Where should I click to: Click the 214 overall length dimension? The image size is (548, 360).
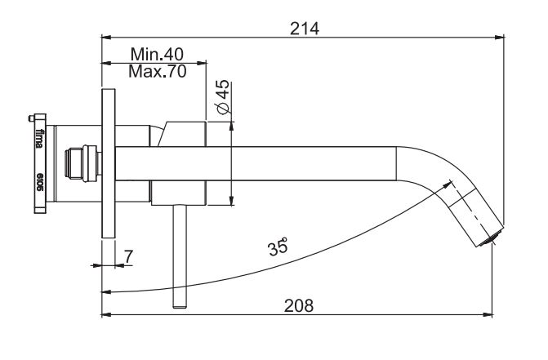coord(305,29)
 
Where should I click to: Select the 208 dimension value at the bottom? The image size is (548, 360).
coord(299,306)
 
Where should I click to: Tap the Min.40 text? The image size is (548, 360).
coord(157,54)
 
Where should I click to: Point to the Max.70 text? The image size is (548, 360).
coord(158,72)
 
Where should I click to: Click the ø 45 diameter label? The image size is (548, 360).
coord(224,96)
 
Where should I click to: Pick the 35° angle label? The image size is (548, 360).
coord(278,247)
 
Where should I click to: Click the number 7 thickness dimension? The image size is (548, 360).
coord(128,256)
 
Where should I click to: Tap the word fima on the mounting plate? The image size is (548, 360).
coord(40,138)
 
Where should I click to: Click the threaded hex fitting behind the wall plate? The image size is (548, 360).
coord(83,163)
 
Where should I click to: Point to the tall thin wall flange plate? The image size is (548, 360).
coord(109,163)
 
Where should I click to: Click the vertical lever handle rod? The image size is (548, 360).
coord(180,256)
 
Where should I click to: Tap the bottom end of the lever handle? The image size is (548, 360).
coord(180,307)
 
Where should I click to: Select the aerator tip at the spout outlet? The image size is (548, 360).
coord(491,238)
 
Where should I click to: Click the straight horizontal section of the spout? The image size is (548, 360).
coord(256,164)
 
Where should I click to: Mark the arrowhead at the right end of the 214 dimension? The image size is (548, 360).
coord(500,37)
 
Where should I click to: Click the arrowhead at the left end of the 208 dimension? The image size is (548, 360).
coord(106,314)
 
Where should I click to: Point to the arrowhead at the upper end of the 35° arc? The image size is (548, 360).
coord(448,184)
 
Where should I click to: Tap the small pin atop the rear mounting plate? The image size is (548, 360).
coord(31,119)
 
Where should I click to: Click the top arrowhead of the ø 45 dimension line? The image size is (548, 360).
coord(231,126)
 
